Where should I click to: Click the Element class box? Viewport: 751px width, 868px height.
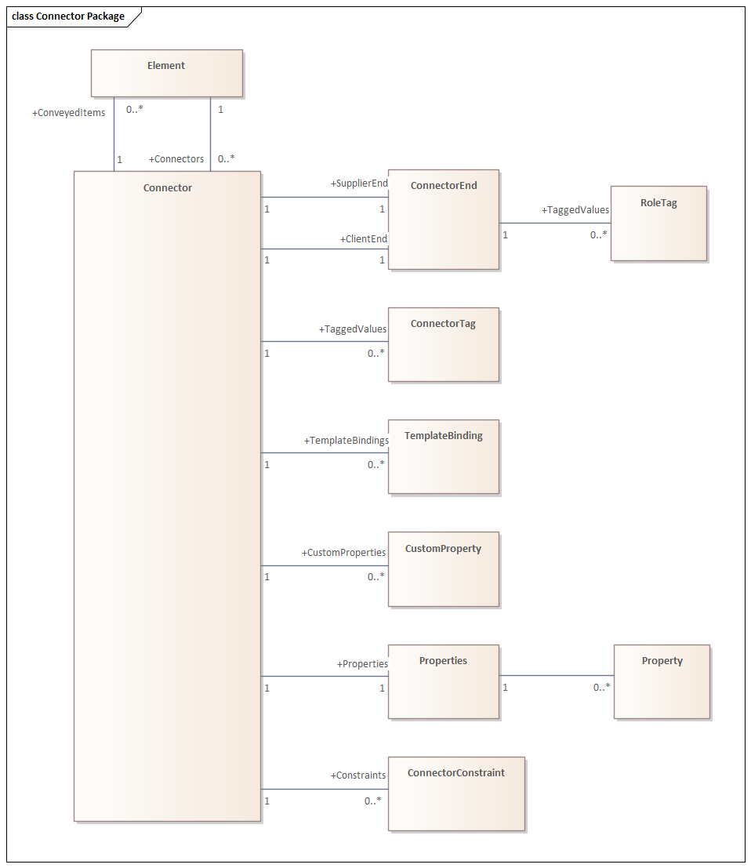[166, 73]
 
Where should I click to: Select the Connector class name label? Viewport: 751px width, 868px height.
[167, 188]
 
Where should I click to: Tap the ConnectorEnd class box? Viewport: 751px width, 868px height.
[443, 220]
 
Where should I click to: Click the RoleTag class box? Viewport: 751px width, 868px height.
[658, 223]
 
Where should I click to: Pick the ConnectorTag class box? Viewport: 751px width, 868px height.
[443, 344]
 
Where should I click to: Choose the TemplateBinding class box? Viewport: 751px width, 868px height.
[443, 456]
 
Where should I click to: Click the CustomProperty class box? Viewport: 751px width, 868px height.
[443, 569]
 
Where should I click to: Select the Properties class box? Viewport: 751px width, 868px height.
[443, 681]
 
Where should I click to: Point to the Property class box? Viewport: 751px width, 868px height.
[662, 681]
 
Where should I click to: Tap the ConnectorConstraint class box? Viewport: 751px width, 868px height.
[455, 794]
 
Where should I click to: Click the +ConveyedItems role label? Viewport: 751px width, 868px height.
[68, 113]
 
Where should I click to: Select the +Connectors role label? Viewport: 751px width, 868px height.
[176, 159]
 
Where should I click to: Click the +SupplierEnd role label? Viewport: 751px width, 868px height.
[359, 183]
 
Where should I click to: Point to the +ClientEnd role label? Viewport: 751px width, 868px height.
[363, 238]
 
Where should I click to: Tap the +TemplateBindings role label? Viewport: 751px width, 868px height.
[346, 441]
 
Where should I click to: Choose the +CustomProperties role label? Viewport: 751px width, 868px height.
[343, 553]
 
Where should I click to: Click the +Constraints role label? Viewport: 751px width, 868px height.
[357, 775]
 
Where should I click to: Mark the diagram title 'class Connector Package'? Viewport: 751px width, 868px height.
[68, 16]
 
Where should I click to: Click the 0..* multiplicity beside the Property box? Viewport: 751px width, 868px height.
[601, 688]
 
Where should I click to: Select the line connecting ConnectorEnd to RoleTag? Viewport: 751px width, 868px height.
[554, 223]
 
